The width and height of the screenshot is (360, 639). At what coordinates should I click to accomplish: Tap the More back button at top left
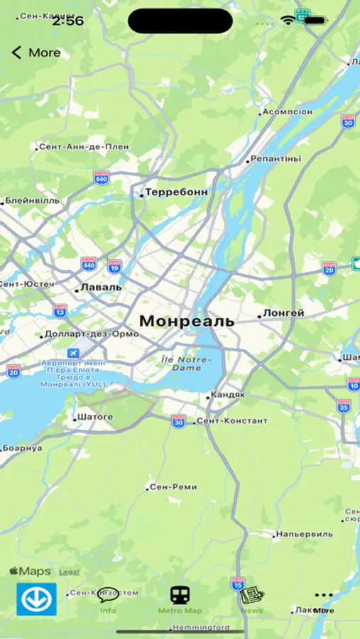[36, 53]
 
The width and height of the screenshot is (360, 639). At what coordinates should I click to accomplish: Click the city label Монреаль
[186, 321]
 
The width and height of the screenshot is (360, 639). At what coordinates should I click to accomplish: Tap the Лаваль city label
[101, 288]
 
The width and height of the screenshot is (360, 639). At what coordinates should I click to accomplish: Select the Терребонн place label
[176, 192]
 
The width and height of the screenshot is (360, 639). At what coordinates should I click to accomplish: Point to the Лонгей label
[283, 313]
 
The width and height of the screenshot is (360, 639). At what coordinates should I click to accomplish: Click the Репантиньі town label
[276, 159]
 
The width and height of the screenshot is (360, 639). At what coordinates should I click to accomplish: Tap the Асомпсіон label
[287, 112]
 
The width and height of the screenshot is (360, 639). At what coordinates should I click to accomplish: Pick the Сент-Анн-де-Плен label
[84, 147]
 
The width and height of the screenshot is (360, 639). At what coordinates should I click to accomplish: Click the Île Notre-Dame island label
[185, 364]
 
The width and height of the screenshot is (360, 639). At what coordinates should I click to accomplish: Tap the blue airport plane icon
[74, 353]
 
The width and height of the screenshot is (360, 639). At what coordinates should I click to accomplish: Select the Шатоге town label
[94, 417]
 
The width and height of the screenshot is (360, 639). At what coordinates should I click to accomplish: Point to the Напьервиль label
[304, 534]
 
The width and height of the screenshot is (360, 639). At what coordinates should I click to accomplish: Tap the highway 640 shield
[101, 177]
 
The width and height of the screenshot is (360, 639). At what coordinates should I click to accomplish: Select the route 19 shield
[114, 266]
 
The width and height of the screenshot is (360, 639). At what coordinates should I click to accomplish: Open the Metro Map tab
[180, 599]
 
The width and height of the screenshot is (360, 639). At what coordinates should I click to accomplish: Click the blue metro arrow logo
[36, 599]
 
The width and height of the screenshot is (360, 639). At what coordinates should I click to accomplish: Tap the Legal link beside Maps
[69, 572]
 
